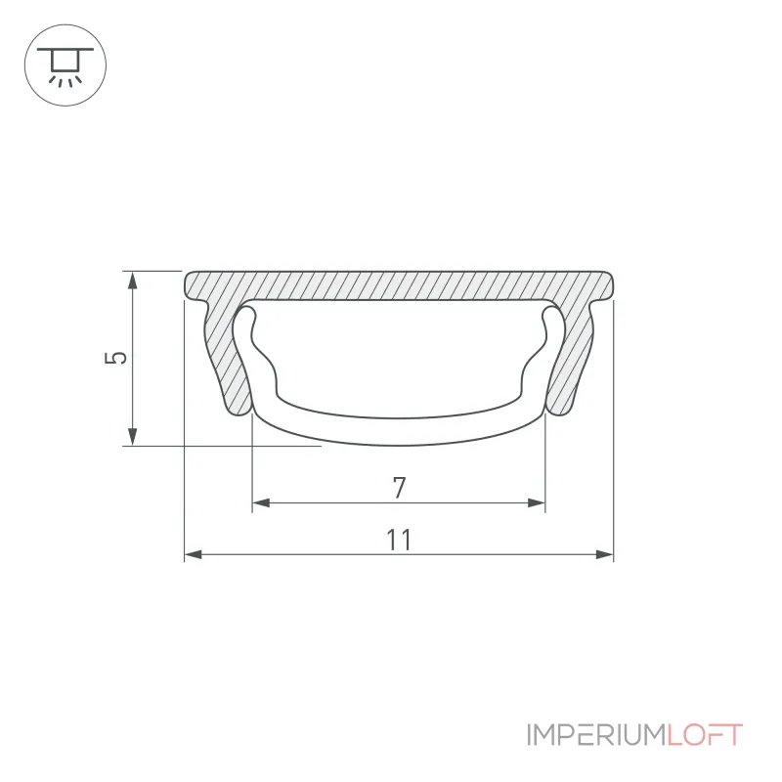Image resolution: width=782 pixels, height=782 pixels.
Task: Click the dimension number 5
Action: click(115, 358)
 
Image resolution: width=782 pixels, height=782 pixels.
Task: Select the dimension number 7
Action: click(399, 488)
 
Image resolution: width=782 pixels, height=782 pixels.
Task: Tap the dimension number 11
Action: click(399, 540)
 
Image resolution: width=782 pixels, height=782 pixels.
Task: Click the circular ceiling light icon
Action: click(65, 65)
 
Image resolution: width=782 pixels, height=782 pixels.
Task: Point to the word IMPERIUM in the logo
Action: click(596, 735)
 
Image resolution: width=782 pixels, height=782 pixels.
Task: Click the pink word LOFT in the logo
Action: click(705, 735)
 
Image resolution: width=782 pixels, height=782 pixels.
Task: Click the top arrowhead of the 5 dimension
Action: click(132, 281)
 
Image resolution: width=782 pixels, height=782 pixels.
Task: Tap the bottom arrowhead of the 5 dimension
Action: click(132, 436)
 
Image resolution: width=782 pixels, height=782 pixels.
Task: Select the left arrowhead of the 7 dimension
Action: click(261, 502)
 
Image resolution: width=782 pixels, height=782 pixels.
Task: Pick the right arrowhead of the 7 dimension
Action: click(537, 502)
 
